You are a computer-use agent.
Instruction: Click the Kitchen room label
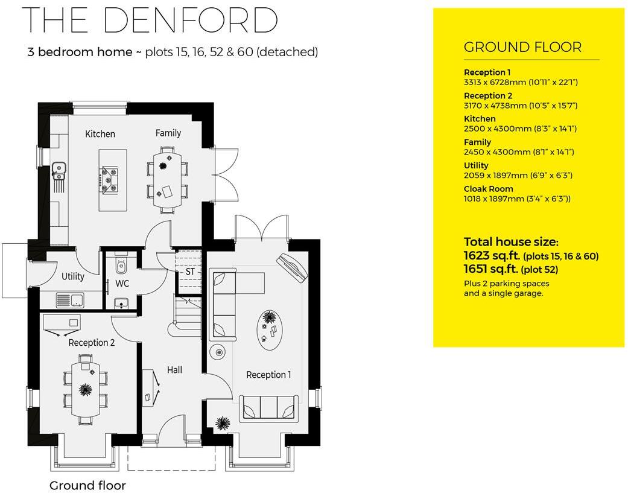[x=100, y=134]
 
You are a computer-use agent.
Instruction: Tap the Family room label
[x=168, y=133]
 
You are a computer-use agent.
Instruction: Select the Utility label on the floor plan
[x=73, y=276]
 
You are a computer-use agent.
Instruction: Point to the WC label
[x=122, y=282]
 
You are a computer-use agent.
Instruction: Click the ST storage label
[x=190, y=272]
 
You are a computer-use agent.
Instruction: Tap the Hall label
[x=174, y=369]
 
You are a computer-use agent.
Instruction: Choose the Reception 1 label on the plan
[x=268, y=375]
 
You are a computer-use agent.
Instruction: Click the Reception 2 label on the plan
[x=92, y=343]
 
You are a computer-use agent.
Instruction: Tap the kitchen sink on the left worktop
[x=59, y=171]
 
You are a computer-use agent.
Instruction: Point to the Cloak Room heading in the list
[x=488, y=189]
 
